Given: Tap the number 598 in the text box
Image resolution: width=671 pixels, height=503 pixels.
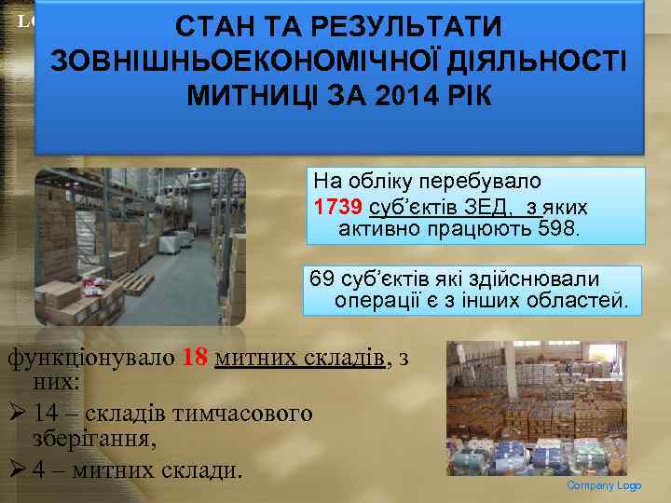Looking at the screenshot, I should (x=557, y=227).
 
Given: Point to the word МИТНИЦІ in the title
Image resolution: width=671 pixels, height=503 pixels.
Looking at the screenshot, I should (x=244, y=97).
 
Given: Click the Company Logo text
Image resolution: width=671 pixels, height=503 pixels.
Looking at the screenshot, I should (x=604, y=486).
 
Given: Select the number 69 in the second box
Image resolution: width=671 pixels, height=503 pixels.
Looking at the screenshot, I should (x=322, y=279).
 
